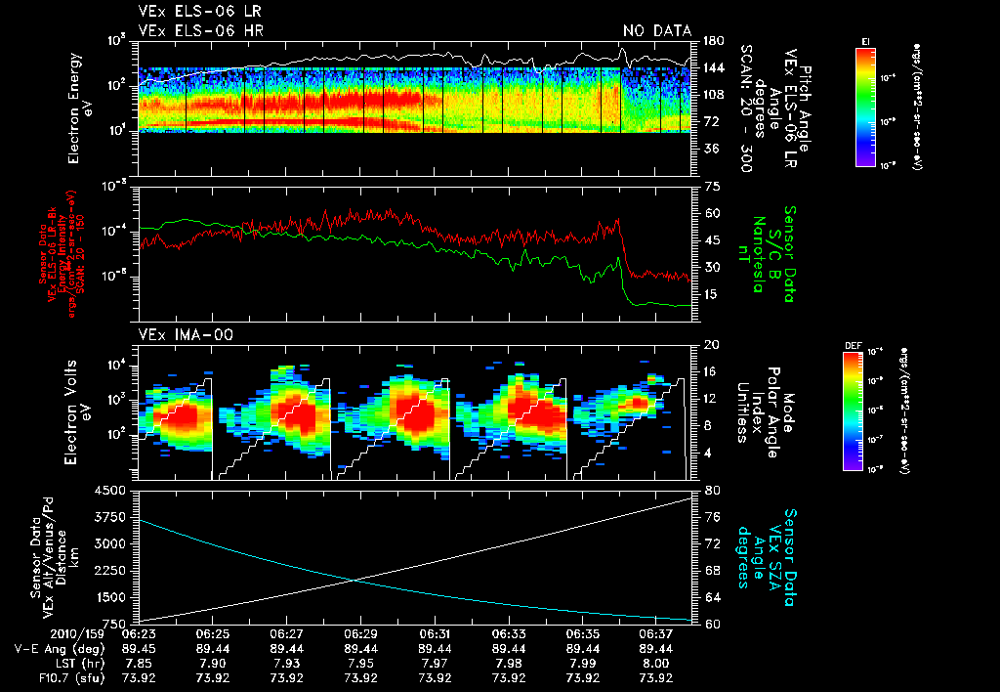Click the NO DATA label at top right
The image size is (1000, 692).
[x=657, y=30]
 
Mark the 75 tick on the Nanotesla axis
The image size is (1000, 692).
[x=709, y=186]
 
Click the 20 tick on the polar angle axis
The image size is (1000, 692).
[x=709, y=345]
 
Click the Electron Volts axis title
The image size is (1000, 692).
[x=79, y=409]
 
